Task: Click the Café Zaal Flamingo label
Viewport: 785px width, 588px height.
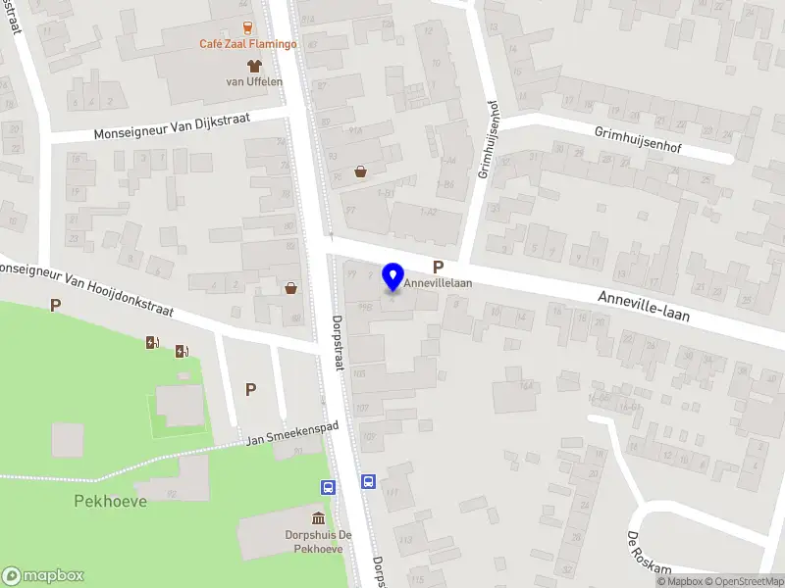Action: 247,45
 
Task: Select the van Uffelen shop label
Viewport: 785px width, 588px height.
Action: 254,82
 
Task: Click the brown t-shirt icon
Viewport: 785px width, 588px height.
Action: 254,66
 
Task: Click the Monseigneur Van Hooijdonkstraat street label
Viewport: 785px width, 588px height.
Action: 85,289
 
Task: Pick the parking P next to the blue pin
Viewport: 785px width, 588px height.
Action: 439,267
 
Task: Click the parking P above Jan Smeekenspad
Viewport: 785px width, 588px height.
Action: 250,389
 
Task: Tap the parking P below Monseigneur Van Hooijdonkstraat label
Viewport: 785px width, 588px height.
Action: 55,306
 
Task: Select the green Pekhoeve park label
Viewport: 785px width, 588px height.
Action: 110,501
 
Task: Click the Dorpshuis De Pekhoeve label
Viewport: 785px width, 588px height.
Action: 318,542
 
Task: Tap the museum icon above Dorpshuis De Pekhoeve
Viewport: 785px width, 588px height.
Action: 318,516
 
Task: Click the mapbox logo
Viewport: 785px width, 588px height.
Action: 43,575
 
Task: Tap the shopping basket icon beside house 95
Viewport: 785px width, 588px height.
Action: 361,171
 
